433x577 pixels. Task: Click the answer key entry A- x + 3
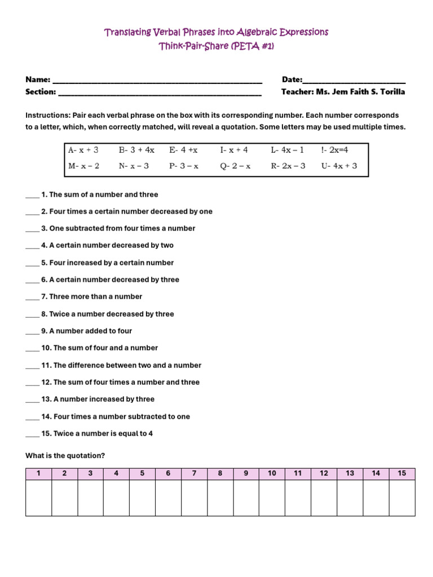[83, 150]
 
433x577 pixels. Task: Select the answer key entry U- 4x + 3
[339, 166]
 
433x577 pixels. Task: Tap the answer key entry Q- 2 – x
[235, 166]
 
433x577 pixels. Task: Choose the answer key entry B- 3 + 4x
[136, 150]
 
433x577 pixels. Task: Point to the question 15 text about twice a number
[97, 434]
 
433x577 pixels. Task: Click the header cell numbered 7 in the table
[194, 473]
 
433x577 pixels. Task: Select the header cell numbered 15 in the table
[401, 473]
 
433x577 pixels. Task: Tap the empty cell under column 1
[38, 498]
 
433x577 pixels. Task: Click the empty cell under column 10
[272, 498]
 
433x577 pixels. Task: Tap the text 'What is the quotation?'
[65, 456]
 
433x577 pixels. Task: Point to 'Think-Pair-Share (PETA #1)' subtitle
[216, 47]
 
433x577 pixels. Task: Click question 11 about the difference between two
[121, 365]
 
